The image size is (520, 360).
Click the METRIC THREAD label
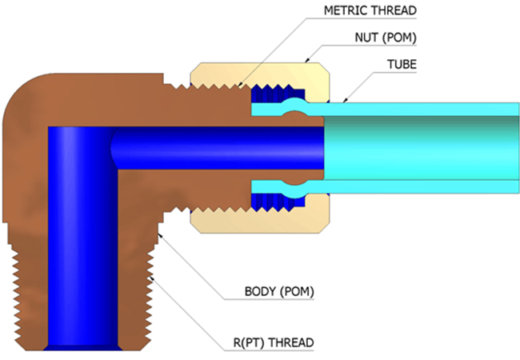tap(370, 10)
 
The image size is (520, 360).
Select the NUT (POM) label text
tap(386, 38)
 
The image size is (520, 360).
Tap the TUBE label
tap(402, 64)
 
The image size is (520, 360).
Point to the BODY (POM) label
tap(279, 292)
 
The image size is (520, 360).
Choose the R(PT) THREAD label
tap(274, 342)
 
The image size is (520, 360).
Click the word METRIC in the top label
tap(346, 10)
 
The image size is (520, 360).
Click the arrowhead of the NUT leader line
tap(307, 60)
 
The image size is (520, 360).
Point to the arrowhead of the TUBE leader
tap(345, 100)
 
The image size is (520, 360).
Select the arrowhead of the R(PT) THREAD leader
tap(151, 278)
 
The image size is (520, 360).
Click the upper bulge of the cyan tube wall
tap(295, 102)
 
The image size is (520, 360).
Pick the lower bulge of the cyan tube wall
tap(295, 192)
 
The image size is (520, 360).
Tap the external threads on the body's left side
tap(14, 295)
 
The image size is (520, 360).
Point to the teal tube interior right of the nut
tap(421, 148)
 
